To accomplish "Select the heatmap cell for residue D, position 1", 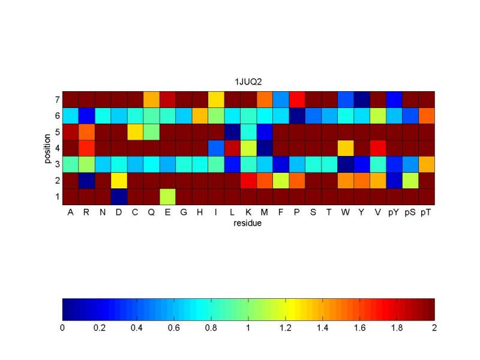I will click(119, 197).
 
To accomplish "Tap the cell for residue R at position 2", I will click(86, 181).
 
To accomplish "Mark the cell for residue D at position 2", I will click(119, 181).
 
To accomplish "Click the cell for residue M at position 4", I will click(265, 148).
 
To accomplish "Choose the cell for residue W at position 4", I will click(346, 148).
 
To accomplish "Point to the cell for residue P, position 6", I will click(297, 115).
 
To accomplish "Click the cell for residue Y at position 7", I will click(362, 99).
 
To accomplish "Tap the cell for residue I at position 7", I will click(216, 99).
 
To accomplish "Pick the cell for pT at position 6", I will click(427, 115).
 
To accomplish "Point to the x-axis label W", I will click(346, 212).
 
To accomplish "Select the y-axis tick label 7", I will click(57, 99).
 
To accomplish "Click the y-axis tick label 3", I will click(57, 164).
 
